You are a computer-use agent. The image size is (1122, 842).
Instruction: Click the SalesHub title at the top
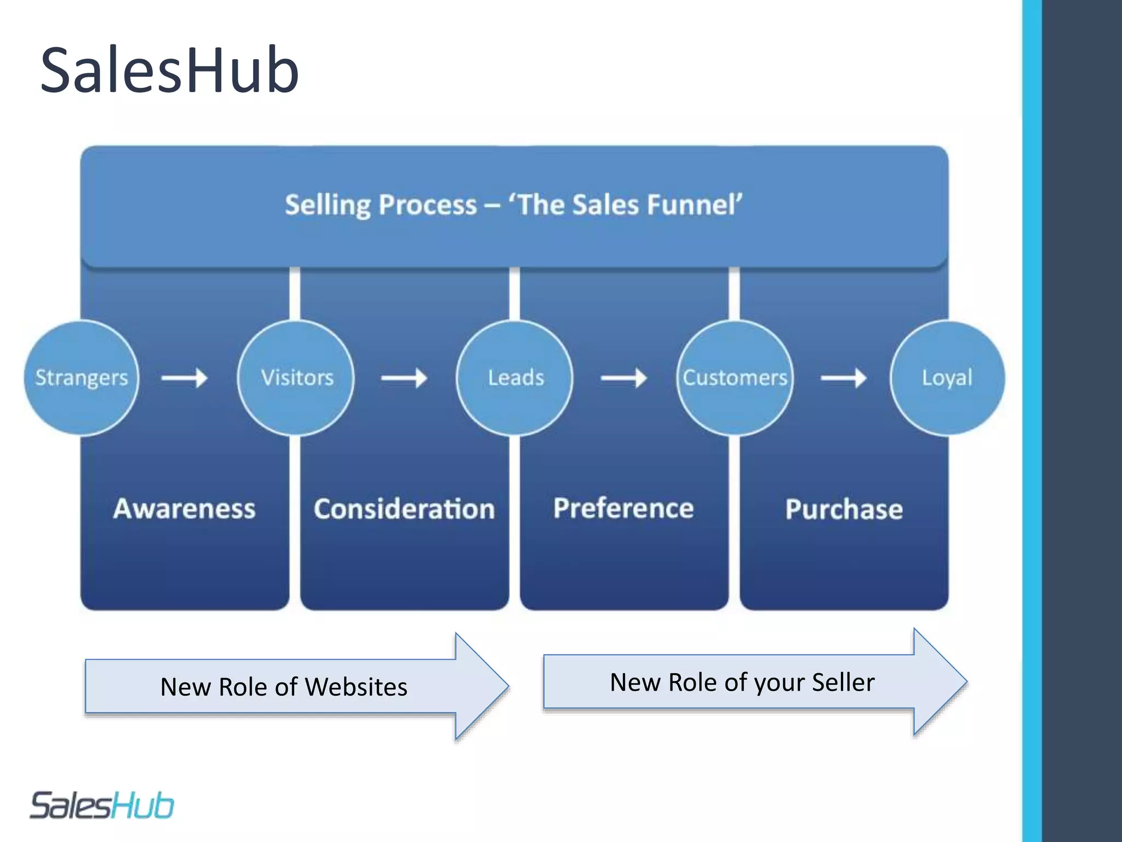click(x=169, y=70)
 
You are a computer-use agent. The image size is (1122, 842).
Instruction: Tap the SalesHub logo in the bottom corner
click(x=102, y=805)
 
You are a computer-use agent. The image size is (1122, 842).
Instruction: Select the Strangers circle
click(x=82, y=378)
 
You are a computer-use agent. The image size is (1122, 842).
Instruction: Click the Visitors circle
click(x=296, y=378)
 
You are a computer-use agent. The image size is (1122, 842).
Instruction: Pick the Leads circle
click(x=515, y=378)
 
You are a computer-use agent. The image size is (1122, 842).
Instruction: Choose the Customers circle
click(x=735, y=378)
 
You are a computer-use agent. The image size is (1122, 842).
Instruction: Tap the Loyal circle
click(x=947, y=378)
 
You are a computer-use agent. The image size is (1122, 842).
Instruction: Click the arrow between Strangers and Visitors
click(x=185, y=378)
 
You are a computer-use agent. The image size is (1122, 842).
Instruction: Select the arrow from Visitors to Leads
click(x=404, y=378)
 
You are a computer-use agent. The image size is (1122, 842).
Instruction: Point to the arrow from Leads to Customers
click(x=624, y=378)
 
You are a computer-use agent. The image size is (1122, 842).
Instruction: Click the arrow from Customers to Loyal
click(x=844, y=378)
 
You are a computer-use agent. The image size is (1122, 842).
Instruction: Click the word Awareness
click(x=185, y=509)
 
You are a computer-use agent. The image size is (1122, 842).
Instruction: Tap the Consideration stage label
click(x=404, y=509)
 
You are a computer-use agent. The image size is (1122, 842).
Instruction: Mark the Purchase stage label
click(x=844, y=509)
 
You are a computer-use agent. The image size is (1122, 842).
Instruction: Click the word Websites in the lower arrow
click(x=356, y=687)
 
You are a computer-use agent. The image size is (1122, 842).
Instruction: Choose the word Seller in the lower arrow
click(x=843, y=682)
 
